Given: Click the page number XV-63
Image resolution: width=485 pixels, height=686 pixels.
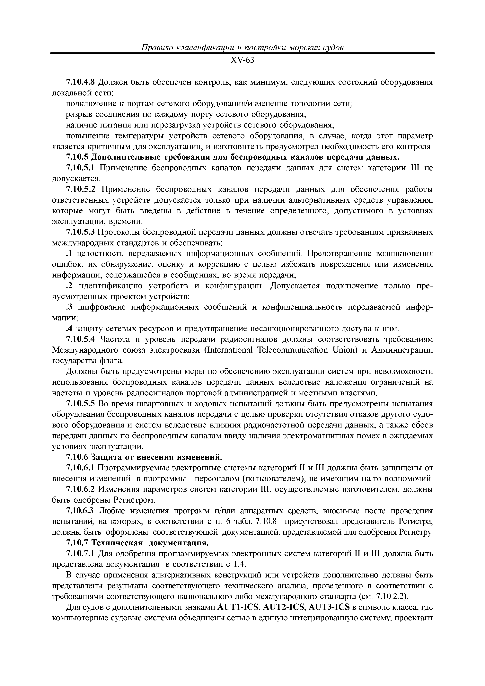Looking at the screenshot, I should pyautogui.click(x=242, y=60).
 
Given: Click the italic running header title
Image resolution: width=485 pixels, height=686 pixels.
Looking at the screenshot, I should pyautogui.click(x=242, y=48).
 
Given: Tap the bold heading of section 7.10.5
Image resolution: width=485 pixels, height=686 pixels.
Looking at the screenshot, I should pyautogui.click(x=245, y=157).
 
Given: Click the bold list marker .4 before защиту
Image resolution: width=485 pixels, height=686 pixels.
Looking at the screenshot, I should pyautogui.click(x=69, y=329).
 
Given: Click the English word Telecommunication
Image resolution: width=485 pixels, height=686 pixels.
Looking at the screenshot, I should pyautogui.click(x=292, y=350).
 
